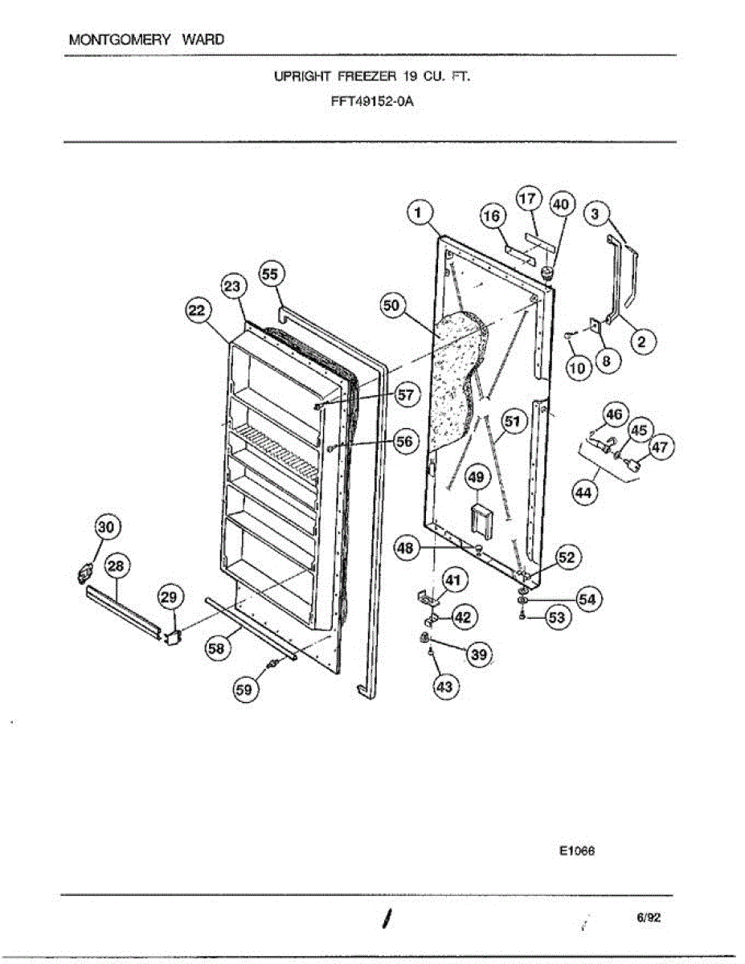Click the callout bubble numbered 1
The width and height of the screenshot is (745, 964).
click(417, 212)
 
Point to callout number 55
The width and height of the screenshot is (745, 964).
click(270, 274)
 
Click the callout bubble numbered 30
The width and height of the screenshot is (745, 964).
click(106, 527)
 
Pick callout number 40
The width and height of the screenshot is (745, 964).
click(560, 205)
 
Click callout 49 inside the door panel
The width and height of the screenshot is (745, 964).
click(476, 479)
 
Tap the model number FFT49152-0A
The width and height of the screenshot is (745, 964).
click(372, 102)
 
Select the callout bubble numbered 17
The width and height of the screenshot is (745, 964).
click(529, 198)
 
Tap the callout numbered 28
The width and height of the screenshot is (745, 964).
click(116, 566)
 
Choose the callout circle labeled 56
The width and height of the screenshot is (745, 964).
click(407, 441)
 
